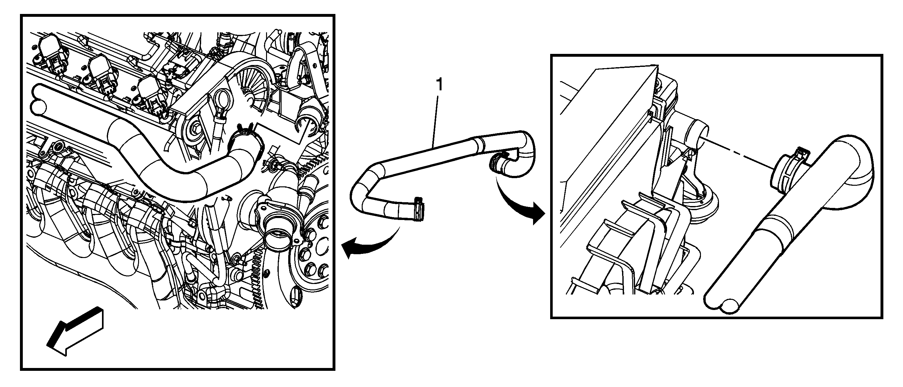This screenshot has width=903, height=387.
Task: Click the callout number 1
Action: (x=439, y=86)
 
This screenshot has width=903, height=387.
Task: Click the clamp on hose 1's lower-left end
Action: (x=419, y=210)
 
